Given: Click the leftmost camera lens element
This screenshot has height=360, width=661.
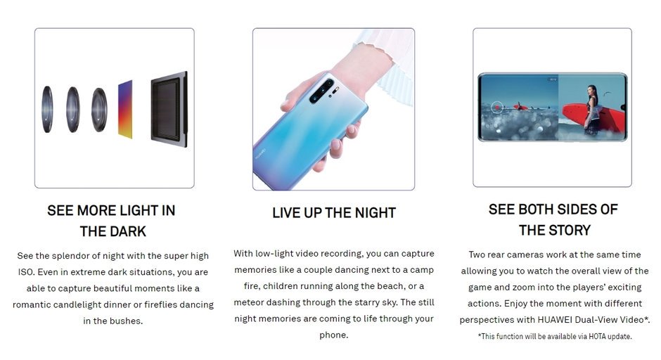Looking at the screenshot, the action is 47,109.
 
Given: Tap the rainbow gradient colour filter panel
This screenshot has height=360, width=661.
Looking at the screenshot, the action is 125,109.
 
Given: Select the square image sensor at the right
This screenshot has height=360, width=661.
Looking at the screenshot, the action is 169,109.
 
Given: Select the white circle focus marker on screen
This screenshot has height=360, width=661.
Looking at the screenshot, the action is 497,107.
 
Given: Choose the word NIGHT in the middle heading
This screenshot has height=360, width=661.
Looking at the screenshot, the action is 376,213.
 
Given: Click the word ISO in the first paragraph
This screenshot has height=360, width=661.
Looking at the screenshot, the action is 26,272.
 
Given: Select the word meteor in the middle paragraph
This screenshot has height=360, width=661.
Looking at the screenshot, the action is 248,302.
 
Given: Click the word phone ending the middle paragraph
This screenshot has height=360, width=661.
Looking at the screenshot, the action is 333,335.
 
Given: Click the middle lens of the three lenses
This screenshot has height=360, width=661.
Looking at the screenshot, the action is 73,109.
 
